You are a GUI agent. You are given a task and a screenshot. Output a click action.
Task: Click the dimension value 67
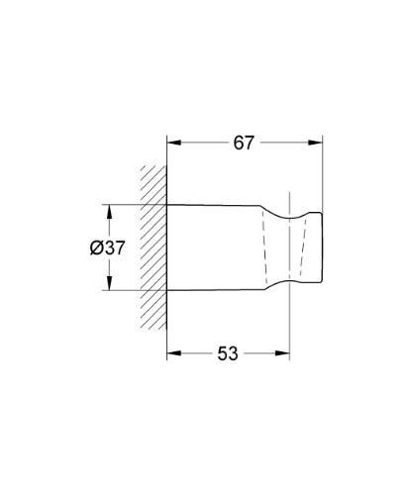click(x=245, y=143)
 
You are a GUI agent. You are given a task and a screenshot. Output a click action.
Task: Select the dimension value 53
click(x=227, y=353)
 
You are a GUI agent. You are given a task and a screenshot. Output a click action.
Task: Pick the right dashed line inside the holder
click(x=300, y=248)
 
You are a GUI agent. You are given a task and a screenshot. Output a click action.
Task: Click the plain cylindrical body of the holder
click(x=213, y=248)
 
